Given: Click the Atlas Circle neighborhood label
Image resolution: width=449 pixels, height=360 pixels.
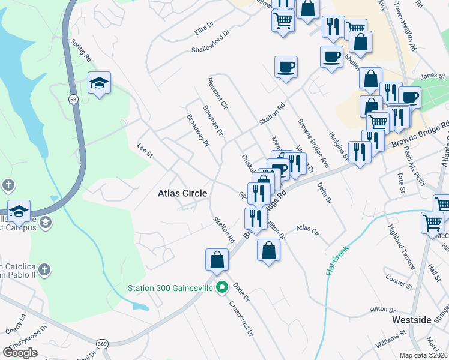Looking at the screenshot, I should tap(182, 193).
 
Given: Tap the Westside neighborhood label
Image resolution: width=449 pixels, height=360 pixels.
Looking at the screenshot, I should tap(411, 320).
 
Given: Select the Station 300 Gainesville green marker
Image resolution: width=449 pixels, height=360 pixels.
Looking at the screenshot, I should tap(221, 287).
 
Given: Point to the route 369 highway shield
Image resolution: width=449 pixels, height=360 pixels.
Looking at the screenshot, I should tap(100, 343).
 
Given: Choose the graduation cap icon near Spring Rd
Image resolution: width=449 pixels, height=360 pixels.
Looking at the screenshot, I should tap(99, 82).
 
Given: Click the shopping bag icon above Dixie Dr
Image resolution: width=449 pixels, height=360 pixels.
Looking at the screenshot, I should tap(217, 260).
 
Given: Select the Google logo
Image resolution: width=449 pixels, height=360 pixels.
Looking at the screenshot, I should tap(20, 352).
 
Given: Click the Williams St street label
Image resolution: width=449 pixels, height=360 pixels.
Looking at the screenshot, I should tap(391, 342).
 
